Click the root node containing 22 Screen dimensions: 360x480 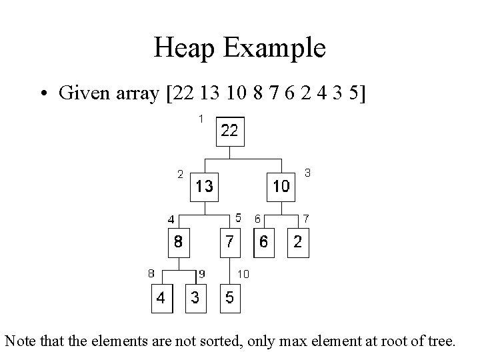(x=229, y=131)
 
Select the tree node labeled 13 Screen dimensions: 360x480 (x=205, y=186)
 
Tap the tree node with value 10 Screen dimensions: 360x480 (x=281, y=186)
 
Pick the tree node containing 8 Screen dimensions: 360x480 (x=178, y=242)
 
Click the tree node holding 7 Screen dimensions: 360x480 (x=229, y=242)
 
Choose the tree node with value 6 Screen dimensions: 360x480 (x=264, y=242)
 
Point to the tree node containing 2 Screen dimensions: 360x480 (x=297, y=242)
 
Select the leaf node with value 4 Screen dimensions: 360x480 (x=161, y=297)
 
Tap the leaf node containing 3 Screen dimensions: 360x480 (x=195, y=297)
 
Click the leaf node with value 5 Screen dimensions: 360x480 (x=229, y=297)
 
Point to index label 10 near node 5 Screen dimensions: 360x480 (x=243, y=273)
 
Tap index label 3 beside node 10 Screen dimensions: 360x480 (x=307, y=173)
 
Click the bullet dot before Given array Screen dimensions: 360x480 (x=47, y=93)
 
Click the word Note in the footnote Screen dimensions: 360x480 (x=19, y=342)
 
